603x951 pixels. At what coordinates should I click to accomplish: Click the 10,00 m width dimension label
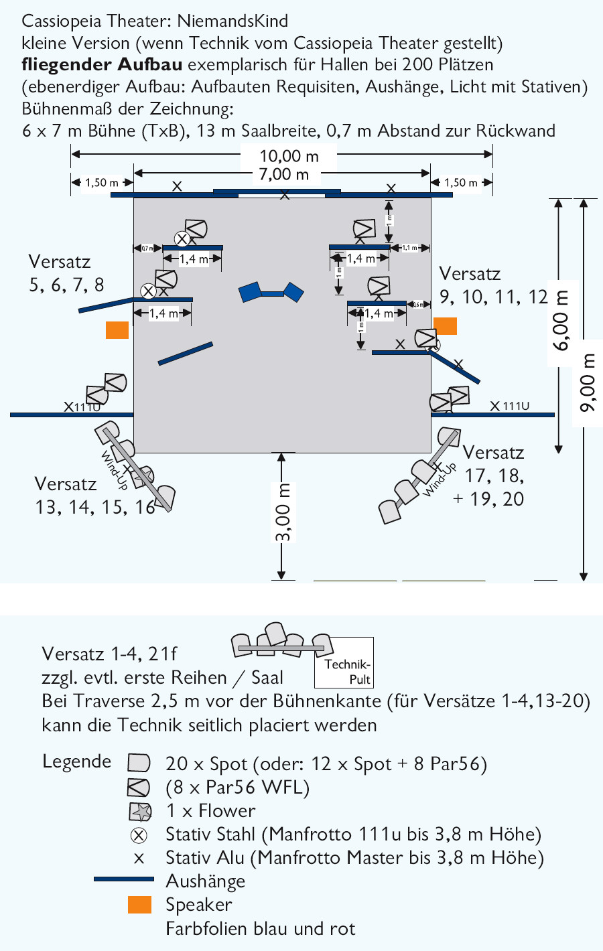289,156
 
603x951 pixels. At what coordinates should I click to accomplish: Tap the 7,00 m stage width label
284,175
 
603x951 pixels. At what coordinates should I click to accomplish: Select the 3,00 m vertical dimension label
283,513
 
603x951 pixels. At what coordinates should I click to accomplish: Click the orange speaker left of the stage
117,330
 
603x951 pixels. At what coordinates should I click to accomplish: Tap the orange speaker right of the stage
445,325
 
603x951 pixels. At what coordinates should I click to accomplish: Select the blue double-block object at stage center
271,292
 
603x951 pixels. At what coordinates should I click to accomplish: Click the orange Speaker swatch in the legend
139,905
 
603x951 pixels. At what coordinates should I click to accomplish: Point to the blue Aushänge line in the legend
124,879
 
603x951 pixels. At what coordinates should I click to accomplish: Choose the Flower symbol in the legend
139,811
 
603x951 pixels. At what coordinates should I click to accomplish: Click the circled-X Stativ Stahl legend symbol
139,835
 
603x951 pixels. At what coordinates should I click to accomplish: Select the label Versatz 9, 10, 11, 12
493,285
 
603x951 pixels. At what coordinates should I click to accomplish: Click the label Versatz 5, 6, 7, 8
66,273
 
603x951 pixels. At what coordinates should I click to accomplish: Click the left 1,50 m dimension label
102,183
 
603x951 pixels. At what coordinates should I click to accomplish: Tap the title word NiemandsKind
232,21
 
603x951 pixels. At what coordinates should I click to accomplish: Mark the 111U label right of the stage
516,406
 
